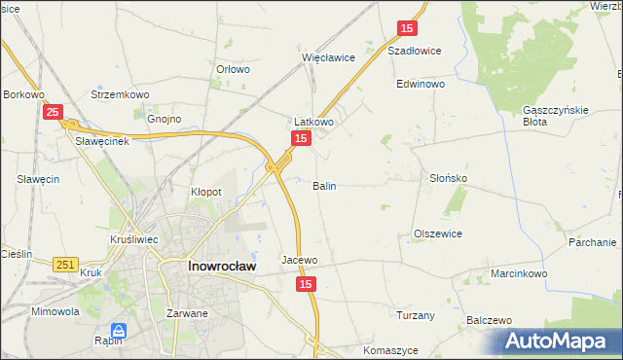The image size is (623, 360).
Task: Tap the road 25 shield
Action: coord(54,113)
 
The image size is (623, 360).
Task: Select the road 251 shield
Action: coord(66,265)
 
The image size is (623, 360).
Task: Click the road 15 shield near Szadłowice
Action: coord(408,29)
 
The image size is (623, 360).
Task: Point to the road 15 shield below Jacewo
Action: coord(306,283)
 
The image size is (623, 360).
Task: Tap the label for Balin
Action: coord(324,185)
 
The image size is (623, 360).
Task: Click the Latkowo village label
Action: coord(314,123)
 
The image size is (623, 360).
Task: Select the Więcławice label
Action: coord(328,57)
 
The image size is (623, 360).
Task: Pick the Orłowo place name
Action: coord(233,70)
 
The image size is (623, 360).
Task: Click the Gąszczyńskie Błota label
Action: coord(555,116)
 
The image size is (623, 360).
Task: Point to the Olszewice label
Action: coord(437,234)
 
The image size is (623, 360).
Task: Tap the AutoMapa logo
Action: coord(559,342)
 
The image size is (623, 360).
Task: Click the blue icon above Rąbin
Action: coord(118,330)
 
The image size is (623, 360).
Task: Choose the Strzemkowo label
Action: coord(116,94)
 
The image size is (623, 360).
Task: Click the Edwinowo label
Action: coord(420,85)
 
